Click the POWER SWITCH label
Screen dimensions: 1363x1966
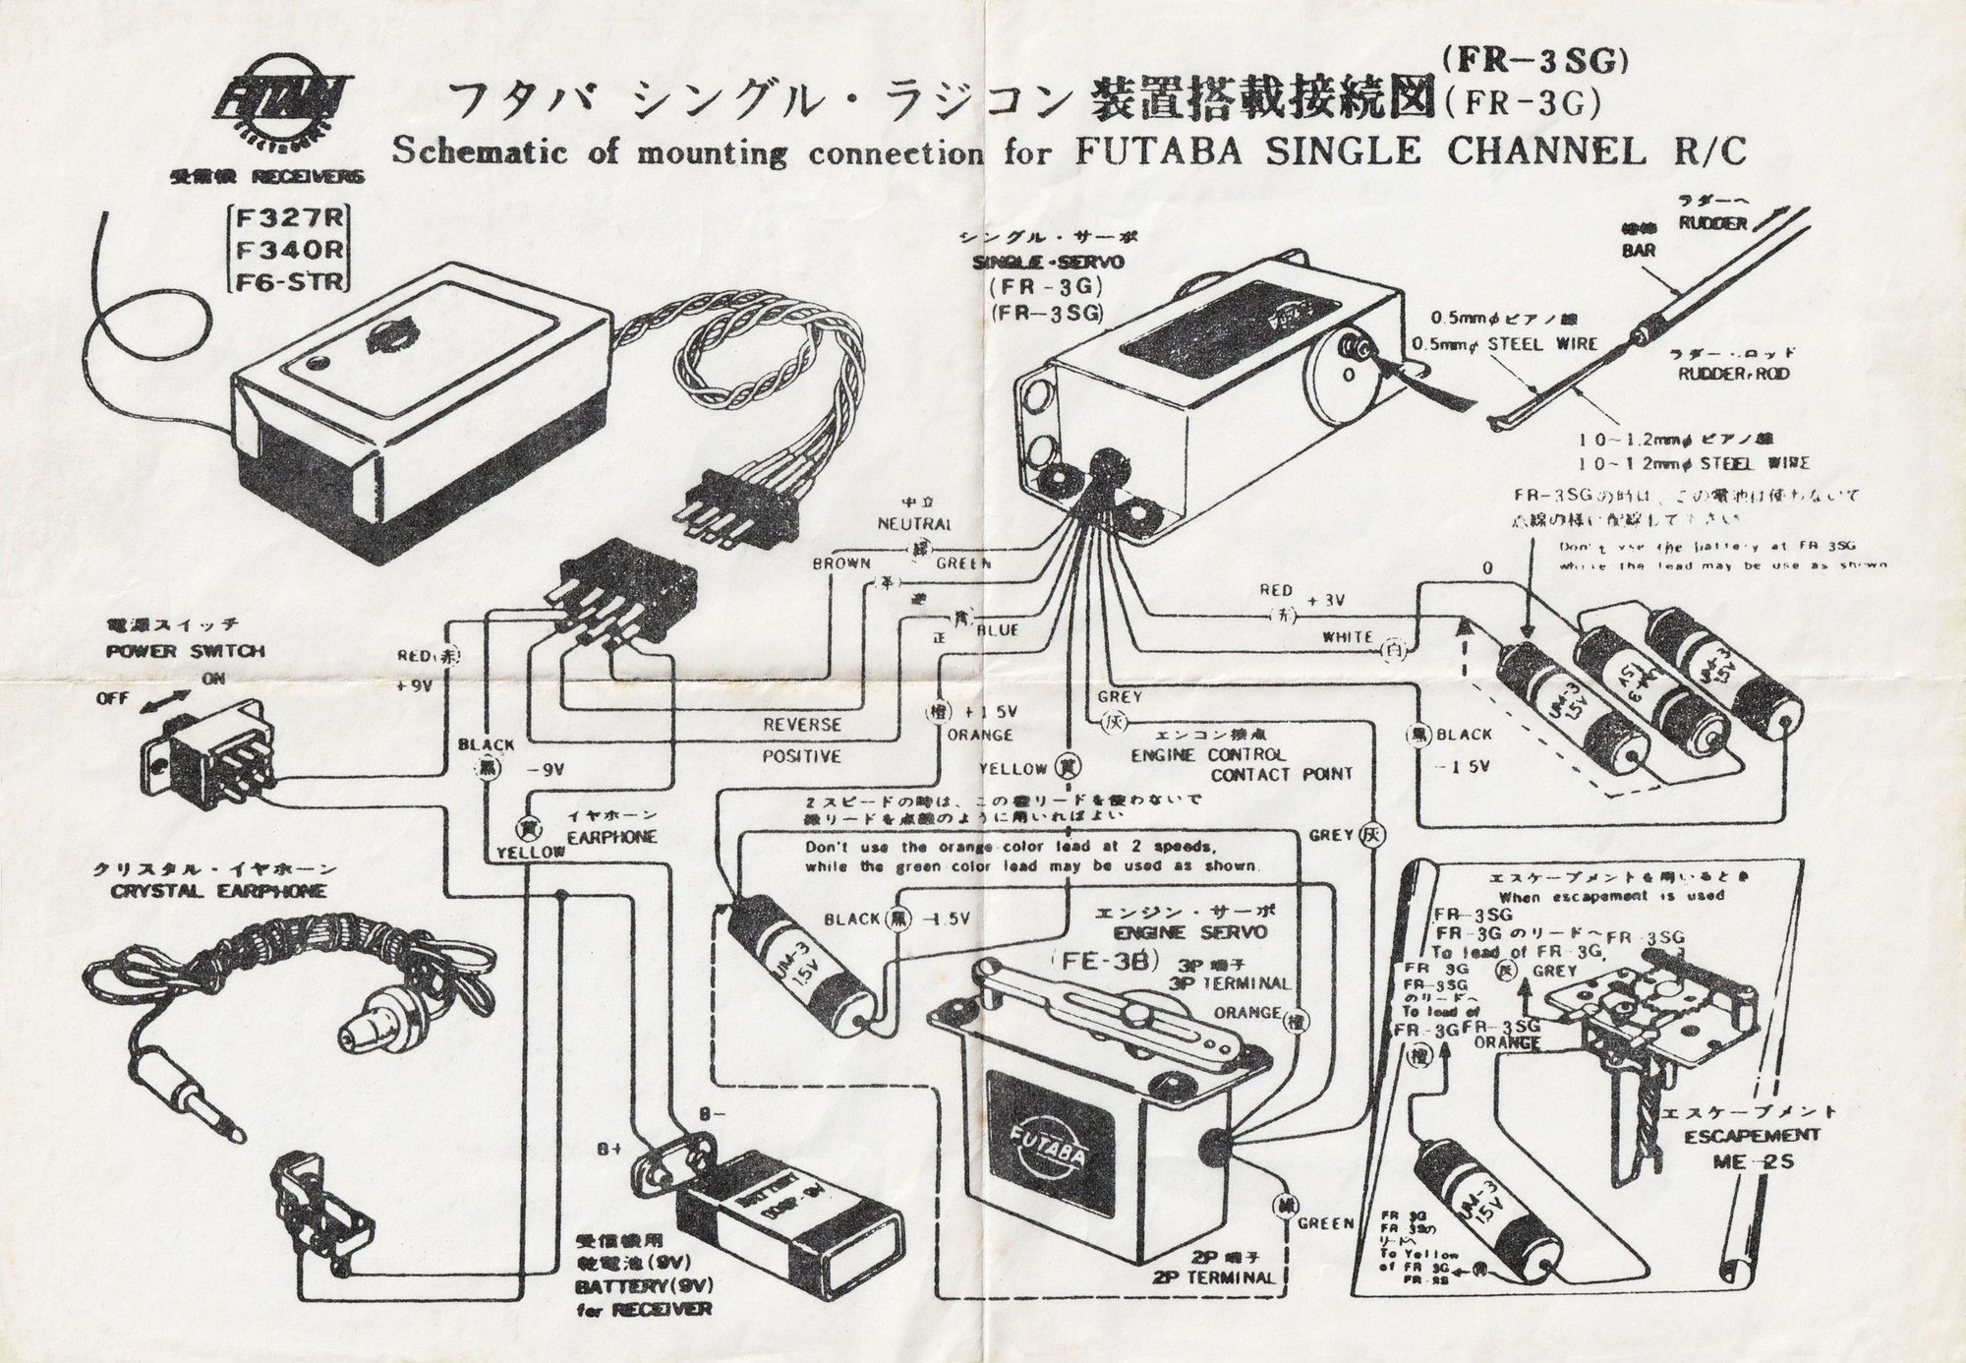click(x=186, y=651)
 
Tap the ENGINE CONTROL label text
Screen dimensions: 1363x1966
click(x=1208, y=754)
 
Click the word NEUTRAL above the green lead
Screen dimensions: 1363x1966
click(x=913, y=524)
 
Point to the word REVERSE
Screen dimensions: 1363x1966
click(x=803, y=724)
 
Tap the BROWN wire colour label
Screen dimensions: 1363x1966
click(x=840, y=563)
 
